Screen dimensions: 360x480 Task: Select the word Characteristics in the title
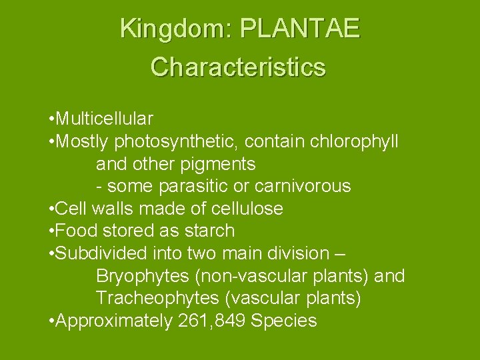(x=238, y=67)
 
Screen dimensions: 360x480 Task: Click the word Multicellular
(x=105, y=119)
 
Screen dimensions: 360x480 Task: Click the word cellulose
(x=247, y=209)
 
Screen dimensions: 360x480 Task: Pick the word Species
(x=283, y=321)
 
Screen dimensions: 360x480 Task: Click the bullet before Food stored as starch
(x=52, y=231)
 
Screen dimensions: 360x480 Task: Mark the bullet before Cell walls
(x=52, y=209)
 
